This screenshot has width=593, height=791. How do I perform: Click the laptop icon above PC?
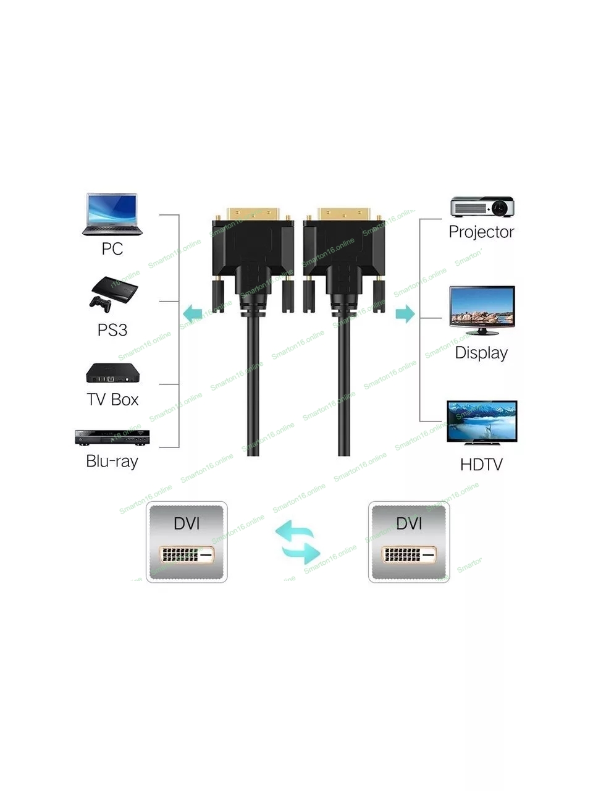point(112,214)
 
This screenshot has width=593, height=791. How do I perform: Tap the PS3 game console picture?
point(112,293)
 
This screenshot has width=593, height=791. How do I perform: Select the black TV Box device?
point(112,373)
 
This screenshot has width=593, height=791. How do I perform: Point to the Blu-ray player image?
point(112,438)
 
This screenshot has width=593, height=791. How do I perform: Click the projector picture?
point(482,207)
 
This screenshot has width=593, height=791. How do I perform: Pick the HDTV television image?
point(481,422)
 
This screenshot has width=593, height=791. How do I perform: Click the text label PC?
point(112,249)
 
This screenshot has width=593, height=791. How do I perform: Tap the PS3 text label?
point(112,329)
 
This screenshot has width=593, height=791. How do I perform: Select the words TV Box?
point(112,399)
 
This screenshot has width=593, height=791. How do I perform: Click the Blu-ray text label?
point(112,461)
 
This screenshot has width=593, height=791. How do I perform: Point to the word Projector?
point(481,232)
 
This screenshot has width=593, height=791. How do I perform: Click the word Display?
point(481,353)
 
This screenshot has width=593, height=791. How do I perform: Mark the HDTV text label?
point(481,465)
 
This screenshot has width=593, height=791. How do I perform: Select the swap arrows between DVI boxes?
point(298,542)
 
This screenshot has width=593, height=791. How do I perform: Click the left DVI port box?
point(187,542)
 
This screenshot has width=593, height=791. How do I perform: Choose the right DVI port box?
point(409,542)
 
